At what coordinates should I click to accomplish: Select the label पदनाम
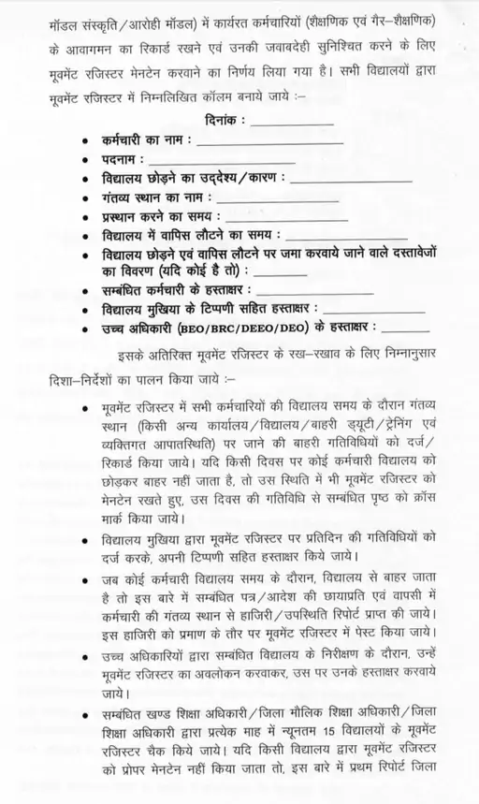click(x=124, y=160)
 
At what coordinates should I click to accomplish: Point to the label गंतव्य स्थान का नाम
click(x=156, y=199)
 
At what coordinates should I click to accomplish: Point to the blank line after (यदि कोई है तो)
click(x=257, y=273)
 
